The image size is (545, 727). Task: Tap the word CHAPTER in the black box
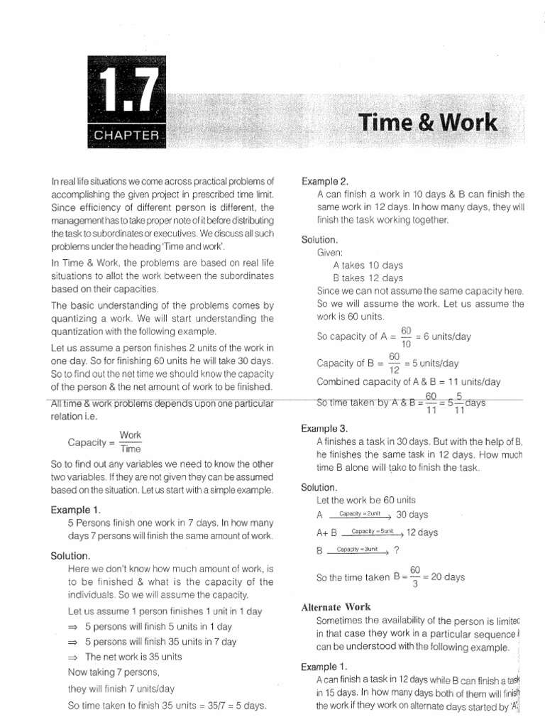point(125,135)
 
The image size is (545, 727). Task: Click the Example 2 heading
point(325,181)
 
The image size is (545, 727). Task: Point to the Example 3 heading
point(325,429)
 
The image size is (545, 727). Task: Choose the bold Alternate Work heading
point(336,607)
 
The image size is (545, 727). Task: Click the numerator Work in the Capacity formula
point(131,434)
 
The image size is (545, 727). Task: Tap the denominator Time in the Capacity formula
point(131,449)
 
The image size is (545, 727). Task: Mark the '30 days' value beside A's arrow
point(412,515)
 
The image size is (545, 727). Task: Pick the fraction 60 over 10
point(407,337)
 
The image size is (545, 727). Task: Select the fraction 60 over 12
point(395,363)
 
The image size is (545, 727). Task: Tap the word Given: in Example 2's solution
point(330,252)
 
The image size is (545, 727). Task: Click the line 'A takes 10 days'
point(368,265)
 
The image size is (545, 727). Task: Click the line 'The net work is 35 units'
point(133,657)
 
